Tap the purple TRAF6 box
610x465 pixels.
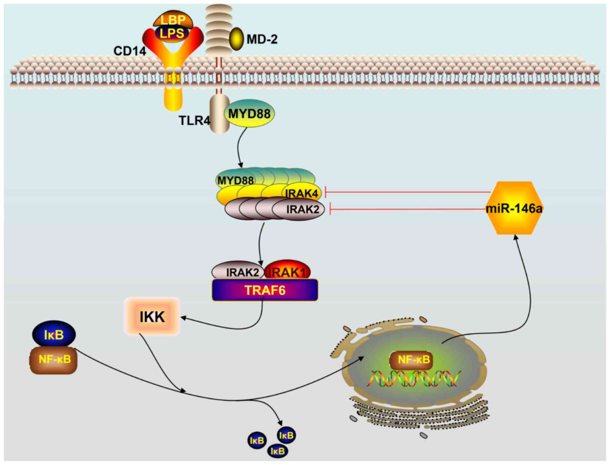(265, 290)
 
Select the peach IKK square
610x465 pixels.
(152, 317)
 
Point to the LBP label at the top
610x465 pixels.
(173, 20)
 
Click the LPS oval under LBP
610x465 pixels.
(172, 33)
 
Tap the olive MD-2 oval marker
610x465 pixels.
(236, 39)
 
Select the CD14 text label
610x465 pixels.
(129, 51)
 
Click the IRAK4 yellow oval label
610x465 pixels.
(301, 193)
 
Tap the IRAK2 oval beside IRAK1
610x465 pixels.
(239, 272)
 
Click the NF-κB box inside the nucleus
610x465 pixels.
(414, 360)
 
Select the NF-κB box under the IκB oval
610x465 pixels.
(54, 360)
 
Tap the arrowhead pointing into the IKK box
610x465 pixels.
(183, 318)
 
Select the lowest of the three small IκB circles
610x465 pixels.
(277, 451)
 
